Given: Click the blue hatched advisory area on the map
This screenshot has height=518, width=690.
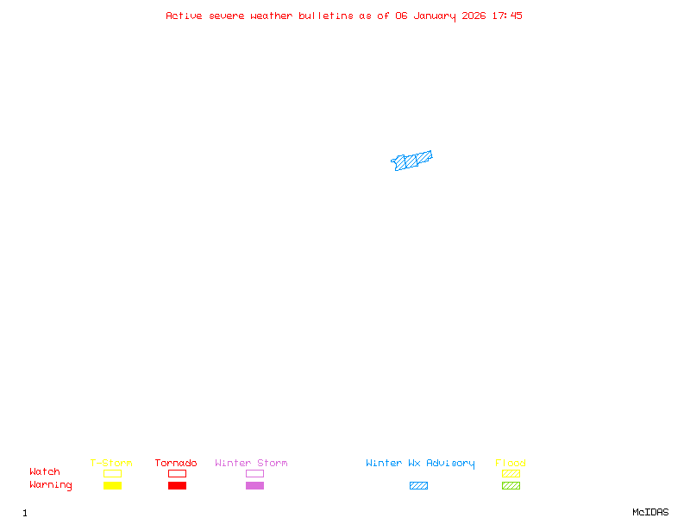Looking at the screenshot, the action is pos(411,161).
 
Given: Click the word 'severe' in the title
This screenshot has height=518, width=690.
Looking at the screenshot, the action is pos(226,16).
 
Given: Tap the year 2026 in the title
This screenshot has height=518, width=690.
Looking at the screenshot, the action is pos(474,16).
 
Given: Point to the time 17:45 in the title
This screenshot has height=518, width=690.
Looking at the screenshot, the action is pos(507,16).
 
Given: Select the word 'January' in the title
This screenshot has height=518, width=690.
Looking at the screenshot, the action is pos(435,16).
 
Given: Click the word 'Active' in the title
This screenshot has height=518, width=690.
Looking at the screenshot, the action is pos(184,16).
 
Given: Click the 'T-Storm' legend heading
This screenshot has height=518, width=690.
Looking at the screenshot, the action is pos(111,463).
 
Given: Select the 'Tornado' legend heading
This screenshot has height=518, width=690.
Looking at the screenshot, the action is pos(176,463).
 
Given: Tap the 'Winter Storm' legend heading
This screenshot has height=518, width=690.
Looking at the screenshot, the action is pos(251,463).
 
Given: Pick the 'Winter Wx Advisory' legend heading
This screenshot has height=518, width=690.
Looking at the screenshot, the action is pos(420,464).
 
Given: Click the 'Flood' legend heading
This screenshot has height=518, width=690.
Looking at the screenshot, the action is pos(510,463).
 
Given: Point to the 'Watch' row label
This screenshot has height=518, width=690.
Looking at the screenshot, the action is pos(45,471).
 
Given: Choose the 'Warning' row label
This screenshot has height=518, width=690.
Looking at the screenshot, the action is pos(51,485).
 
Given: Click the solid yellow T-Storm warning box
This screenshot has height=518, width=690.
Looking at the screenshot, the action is pos(113,485).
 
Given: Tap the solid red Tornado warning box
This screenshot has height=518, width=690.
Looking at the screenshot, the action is pos(178,485).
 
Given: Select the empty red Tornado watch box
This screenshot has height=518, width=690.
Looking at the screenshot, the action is pos(178,470).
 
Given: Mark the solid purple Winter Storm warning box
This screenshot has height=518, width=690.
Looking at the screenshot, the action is pos(254,485).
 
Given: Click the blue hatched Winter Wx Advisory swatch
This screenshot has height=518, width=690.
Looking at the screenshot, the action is pos(418,485).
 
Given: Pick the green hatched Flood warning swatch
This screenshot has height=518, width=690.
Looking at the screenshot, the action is pos(511,485).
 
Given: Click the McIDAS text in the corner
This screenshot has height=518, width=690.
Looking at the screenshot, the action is pos(650,512).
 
